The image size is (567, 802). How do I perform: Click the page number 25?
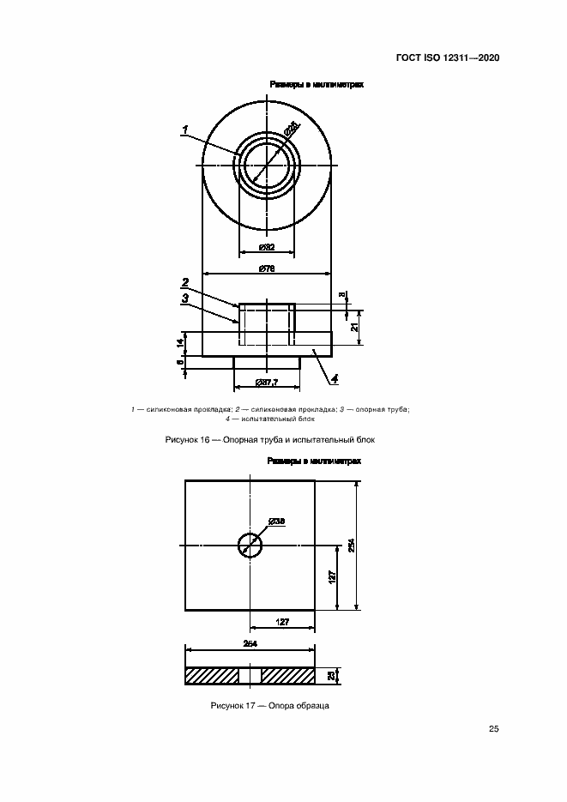click(493, 729)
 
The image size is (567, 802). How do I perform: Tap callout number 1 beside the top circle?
click(184, 130)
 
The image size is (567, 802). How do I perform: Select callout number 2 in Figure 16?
click(184, 282)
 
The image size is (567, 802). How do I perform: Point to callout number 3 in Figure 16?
click(184, 298)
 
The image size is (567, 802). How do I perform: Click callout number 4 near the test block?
click(335, 377)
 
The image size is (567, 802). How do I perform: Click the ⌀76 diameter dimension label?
click(267, 269)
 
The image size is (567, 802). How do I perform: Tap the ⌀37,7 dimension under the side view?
click(267, 383)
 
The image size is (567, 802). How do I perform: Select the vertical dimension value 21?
click(353, 326)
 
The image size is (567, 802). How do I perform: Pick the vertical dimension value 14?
click(180, 343)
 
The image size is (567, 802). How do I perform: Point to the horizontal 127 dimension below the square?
click(281, 622)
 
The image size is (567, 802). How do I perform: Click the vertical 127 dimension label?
click(331, 577)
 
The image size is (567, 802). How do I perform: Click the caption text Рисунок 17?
click(270, 705)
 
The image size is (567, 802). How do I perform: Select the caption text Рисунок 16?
click(269, 440)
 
